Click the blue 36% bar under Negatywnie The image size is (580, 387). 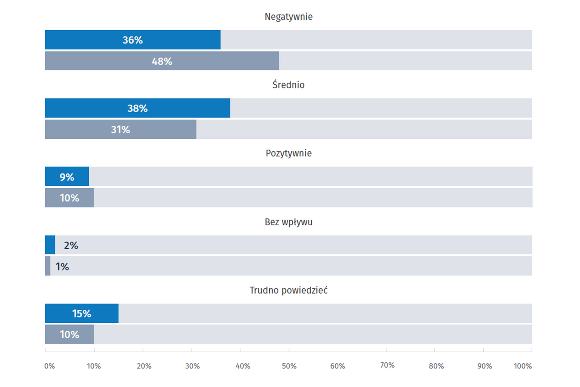[x=133, y=40]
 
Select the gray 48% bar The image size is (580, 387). [x=162, y=61]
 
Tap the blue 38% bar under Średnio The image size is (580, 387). [x=137, y=108]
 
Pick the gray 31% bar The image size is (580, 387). [x=120, y=129]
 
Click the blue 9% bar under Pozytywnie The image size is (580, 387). [x=67, y=176]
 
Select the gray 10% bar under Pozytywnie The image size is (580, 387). [x=69, y=198]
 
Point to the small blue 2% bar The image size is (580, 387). [x=50, y=245]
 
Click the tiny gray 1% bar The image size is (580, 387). [x=48, y=266]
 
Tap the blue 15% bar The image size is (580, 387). [x=82, y=313]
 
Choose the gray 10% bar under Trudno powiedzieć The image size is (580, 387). [x=69, y=334]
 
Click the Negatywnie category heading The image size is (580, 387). [x=288, y=17]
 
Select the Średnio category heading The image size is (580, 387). [x=288, y=85]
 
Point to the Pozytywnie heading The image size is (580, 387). [x=288, y=153]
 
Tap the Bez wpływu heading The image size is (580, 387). [x=288, y=222]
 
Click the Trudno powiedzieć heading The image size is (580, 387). [x=288, y=290]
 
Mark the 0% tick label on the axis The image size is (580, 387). [x=49, y=366]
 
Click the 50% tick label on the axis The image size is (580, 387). [x=289, y=366]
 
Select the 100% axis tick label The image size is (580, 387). [x=523, y=366]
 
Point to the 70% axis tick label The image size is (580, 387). [x=387, y=365]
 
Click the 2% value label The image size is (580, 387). [x=71, y=246]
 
